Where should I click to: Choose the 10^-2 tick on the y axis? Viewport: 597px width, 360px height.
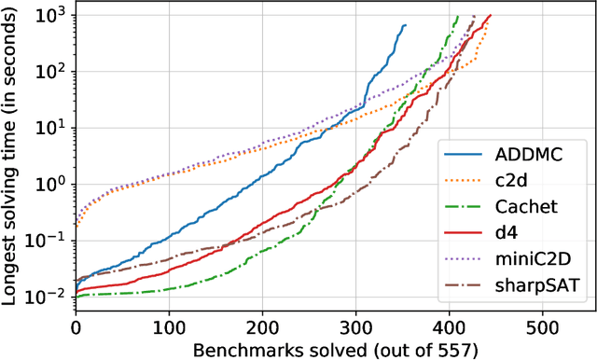51,296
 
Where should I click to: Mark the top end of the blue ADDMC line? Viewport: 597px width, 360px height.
406,25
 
